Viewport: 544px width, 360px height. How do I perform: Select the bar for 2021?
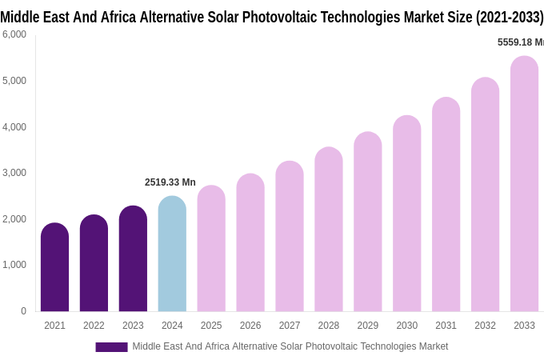pyautogui.click(x=54, y=268)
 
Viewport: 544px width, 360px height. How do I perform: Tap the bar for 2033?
pyautogui.click(x=524, y=184)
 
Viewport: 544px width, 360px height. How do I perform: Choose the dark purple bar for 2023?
pyautogui.click(x=133, y=259)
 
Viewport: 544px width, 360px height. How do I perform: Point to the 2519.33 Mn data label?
pyautogui.click(x=170, y=182)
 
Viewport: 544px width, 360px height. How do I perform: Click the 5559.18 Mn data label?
pyautogui.click(x=520, y=42)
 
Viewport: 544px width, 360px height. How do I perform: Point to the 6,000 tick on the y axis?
pyautogui.click(x=14, y=34)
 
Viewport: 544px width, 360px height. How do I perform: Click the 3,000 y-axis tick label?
pyautogui.click(x=14, y=173)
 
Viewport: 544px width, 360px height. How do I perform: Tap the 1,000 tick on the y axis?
pyautogui.click(x=14, y=265)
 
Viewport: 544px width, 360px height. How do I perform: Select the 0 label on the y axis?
pyautogui.click(x=23, y=311)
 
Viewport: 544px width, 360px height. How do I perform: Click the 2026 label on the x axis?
pyautogui.click(x=250, y=326)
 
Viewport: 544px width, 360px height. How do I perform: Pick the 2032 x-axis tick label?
pyautogui.click(x=485, y=326)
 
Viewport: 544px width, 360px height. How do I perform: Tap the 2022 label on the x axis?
pyautogui.click(x=94, y=326)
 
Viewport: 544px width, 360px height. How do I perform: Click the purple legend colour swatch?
pyautogui.click(x=111, y=347)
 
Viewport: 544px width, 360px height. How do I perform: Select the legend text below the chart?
pyautogui.click(x=290, y=346)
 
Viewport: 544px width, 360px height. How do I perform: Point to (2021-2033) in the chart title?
pyautogui.click(x=510, y=17)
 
